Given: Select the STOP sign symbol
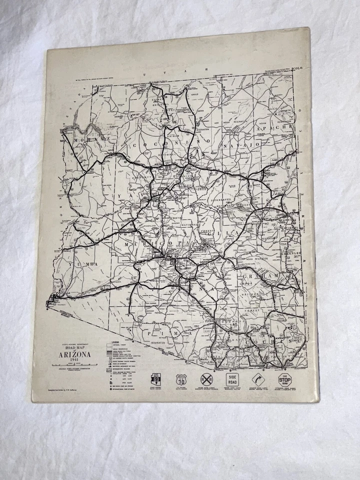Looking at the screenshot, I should coord(284,378).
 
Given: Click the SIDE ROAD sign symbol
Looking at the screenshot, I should coord(233,378).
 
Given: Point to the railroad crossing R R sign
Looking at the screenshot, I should coord(206,378).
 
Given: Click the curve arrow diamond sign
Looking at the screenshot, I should coord(259,378).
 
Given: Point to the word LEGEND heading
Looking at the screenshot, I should coord(116,341).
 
